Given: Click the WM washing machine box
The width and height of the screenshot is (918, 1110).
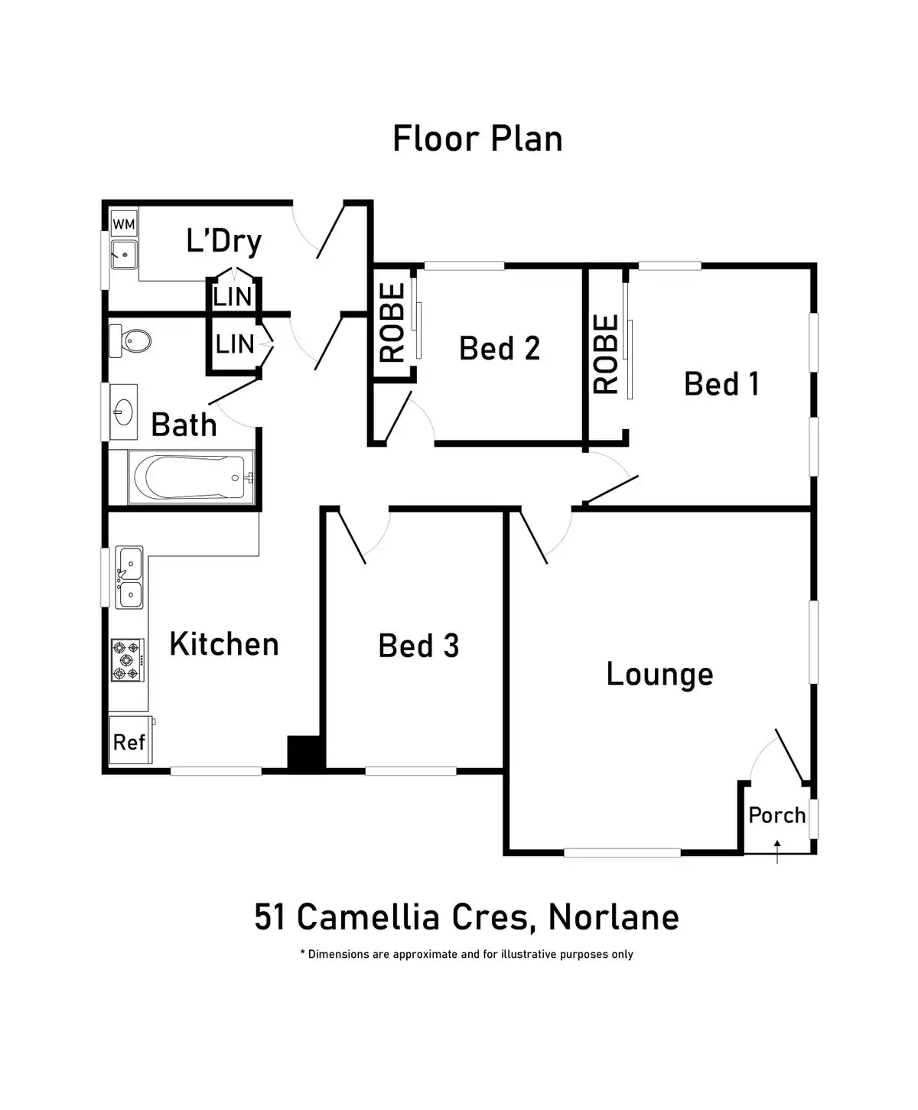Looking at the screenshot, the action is click(x=124, y=223).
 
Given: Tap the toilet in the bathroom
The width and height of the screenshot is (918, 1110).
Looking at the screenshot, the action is click(x=130, y=340).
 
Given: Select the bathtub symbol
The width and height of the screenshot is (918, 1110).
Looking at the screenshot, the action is click(x=191, y=477).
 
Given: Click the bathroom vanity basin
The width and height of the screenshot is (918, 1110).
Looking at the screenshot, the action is click(x=123, y=412).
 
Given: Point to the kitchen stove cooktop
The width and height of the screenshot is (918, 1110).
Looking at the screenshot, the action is click(x=128, y=660).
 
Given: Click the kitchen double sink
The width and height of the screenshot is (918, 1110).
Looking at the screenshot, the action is click(x=129, y=578).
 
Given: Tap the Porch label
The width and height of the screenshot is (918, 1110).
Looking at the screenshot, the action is click(x=776, y=815).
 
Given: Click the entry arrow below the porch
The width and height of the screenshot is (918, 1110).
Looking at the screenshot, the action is click(x=777, y=851).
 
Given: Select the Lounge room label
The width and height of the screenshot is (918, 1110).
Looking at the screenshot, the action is click(x=659, y=675).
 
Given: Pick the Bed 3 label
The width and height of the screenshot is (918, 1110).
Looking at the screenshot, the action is click(x=418, y=646).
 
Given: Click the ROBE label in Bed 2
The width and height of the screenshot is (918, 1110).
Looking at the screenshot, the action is click(x=392, y=323).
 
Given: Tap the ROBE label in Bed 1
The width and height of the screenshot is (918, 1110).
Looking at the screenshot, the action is click(x=605, y=354).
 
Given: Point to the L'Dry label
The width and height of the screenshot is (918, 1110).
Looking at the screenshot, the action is click(x=224, y=242).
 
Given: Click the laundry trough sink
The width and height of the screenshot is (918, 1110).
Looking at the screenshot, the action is click(x=125, y=255).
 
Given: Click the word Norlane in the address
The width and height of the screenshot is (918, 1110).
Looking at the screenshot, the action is click(x=614, y=917).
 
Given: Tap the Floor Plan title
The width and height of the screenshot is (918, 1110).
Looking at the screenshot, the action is click(x=477, y=138).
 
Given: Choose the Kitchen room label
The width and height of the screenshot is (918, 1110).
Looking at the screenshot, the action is click(x=224, y=644).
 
